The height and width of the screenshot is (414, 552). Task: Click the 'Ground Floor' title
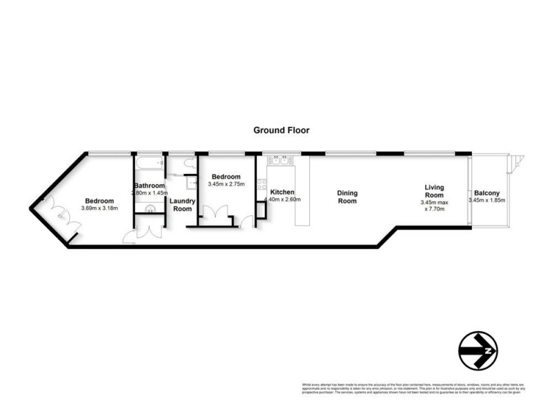click(281, 130)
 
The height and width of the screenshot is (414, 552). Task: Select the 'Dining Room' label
click(346, 197)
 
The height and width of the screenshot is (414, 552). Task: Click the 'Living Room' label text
click(434, 191)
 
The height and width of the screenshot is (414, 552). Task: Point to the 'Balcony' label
click(486, 193)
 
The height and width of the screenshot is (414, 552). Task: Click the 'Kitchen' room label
click(283, 192)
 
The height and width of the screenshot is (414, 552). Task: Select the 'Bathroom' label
click(150, 186)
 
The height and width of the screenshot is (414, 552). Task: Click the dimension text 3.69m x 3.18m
click(99, 208)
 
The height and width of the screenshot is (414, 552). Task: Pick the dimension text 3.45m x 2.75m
click(226, 185)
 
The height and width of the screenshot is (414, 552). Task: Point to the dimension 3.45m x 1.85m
click(486, 201)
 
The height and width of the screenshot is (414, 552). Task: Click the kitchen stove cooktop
click(262, 185)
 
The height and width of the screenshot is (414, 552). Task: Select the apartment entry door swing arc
click(130, 236)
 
